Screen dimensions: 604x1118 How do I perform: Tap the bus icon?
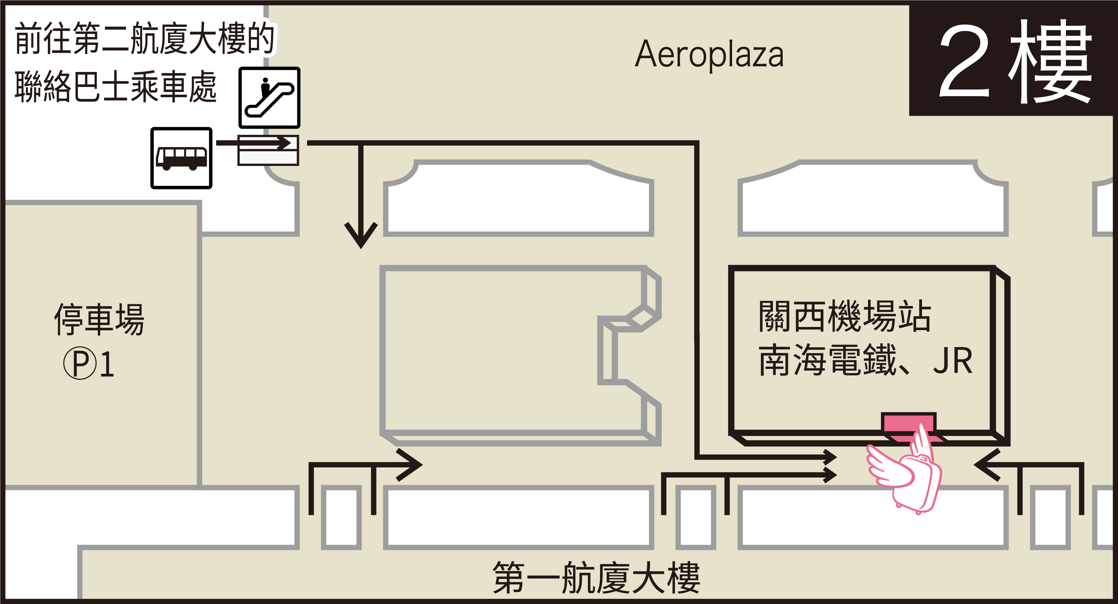[181, 158]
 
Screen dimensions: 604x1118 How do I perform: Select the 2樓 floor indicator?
[1014, 61]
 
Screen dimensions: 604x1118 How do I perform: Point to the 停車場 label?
[99, 319]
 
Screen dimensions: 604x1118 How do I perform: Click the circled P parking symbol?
[80, 363]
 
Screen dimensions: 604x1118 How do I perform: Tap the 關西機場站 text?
[845, 316]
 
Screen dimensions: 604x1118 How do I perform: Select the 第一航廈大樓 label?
[596, 577]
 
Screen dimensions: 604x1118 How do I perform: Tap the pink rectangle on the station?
[908, 422]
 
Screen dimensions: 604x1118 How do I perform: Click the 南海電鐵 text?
[827, 361]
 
